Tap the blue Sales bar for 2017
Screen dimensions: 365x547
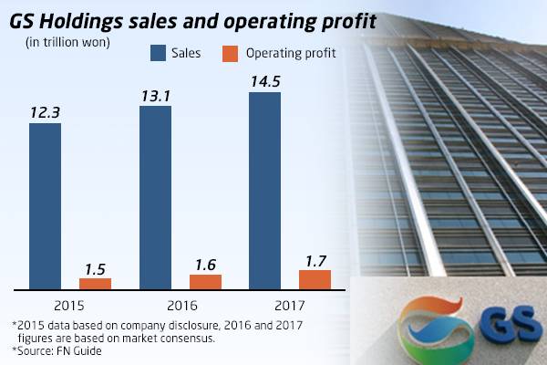[x=265, y=189]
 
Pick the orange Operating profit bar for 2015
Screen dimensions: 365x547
[x=95, y=283]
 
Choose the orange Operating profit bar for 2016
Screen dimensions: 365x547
[x=205, y=281]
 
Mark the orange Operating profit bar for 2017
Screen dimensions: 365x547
[x=315, y=279]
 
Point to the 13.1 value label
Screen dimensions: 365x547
[x=155, y=94]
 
